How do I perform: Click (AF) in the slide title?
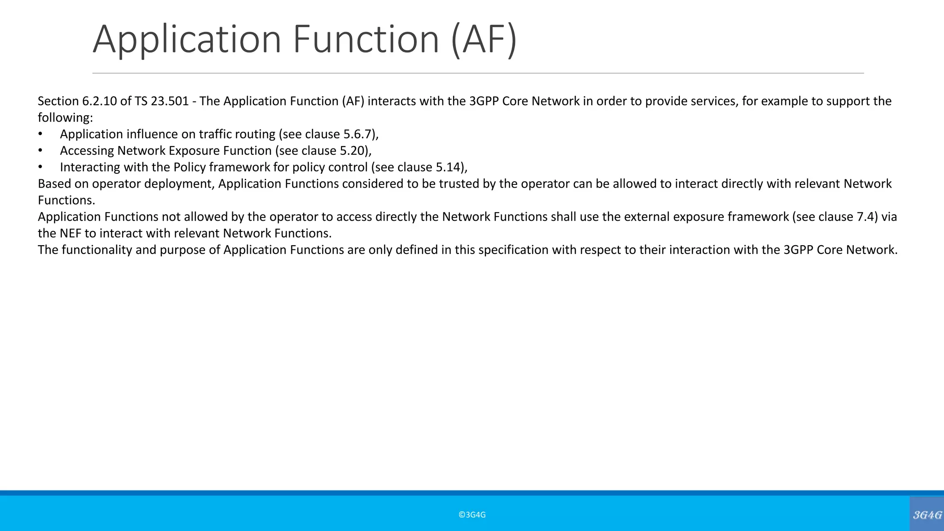pos(484,39)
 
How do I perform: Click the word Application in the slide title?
pos(187,39)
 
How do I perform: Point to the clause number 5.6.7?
pos(357,134)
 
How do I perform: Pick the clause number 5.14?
pos(449,167)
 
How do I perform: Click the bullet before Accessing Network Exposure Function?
pos(41,151)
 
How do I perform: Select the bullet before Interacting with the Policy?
pos(41,167)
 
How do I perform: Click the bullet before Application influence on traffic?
pos(41,134)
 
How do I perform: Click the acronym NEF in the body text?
pos(71,233)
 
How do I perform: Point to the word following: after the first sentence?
pos(65,118)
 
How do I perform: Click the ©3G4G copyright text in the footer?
pos(472,515)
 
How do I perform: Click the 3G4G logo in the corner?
pos(927,514)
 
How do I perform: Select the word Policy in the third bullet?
pos(189,167)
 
